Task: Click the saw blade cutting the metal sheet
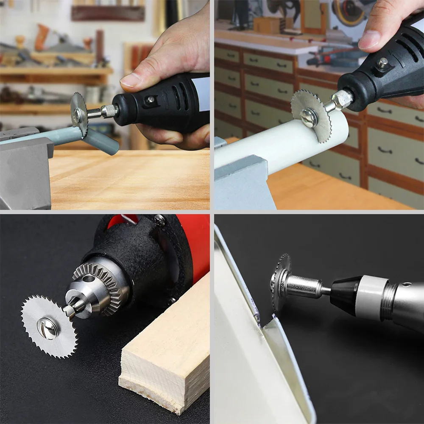tap(281, 282)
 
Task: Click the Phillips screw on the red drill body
tap(160, 220)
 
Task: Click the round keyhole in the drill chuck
tap(89, 279)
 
